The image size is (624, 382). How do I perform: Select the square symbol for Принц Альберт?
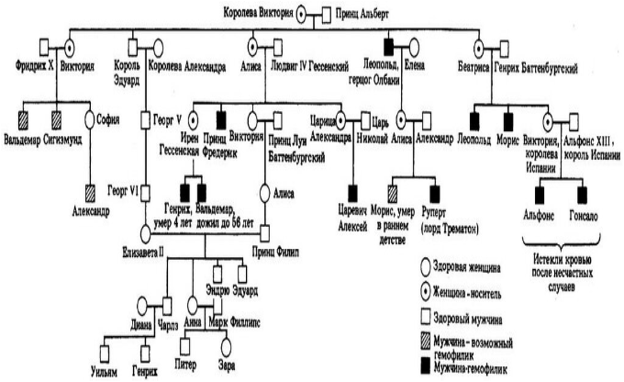326,14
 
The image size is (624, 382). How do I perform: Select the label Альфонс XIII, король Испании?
591,150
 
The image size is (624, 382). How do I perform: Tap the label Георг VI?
121,190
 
